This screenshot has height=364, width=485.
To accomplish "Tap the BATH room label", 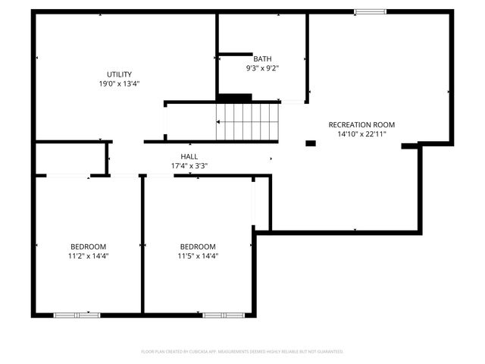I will [x=262, y=58].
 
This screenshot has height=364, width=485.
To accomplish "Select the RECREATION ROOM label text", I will [x=361, y=124].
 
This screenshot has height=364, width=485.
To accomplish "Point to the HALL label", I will [x=189, y=156].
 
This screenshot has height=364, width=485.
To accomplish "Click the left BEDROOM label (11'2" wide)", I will [x=89, y=246].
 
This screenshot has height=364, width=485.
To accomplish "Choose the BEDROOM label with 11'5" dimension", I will [x=198, y=246].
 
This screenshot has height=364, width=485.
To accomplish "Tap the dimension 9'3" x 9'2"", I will [x=262, y=67].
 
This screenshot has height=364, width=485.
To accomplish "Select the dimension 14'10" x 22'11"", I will [x=361, y=133].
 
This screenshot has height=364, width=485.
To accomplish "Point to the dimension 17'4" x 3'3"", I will [x=189, y=165].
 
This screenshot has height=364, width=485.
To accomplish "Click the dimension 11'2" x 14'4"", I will [x=89, y=256].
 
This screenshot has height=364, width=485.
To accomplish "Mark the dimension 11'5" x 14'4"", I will [x=198, y=256].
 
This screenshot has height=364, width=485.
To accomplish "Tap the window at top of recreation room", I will [x=370, y=11].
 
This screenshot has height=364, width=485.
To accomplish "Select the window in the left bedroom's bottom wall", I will [x=77, y=314].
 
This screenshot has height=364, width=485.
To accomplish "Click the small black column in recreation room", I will [x=311, y=143].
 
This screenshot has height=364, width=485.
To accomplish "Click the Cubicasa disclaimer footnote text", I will [x=242, y=351].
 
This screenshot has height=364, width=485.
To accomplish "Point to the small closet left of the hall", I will [x=70, y=158].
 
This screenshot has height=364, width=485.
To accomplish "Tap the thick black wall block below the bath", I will [x=234, y=97].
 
